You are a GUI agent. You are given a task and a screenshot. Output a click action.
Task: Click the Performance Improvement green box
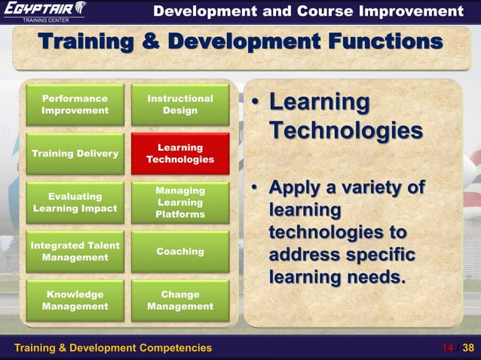tap(75, 105)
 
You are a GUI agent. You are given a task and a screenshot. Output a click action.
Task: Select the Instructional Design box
tap(180, 105)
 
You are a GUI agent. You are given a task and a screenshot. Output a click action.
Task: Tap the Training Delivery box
tap(75, 154)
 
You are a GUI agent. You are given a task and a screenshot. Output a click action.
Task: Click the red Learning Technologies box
tap(180, 154)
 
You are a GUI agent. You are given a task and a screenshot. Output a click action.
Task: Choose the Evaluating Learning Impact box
tap(75, 203)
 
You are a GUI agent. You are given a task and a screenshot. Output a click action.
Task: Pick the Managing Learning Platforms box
tap(180, 203)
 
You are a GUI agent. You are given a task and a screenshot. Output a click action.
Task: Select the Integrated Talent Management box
tap(75, 252)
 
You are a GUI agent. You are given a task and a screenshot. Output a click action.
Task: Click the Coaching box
tap(180, 252)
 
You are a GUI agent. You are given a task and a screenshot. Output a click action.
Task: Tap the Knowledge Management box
tap(75, 301)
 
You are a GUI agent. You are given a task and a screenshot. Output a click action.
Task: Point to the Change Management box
tap(180, 301)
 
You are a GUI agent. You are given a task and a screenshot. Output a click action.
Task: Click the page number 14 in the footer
tap(448, 347)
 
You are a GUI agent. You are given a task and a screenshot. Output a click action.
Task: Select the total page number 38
tap(468, 347)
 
